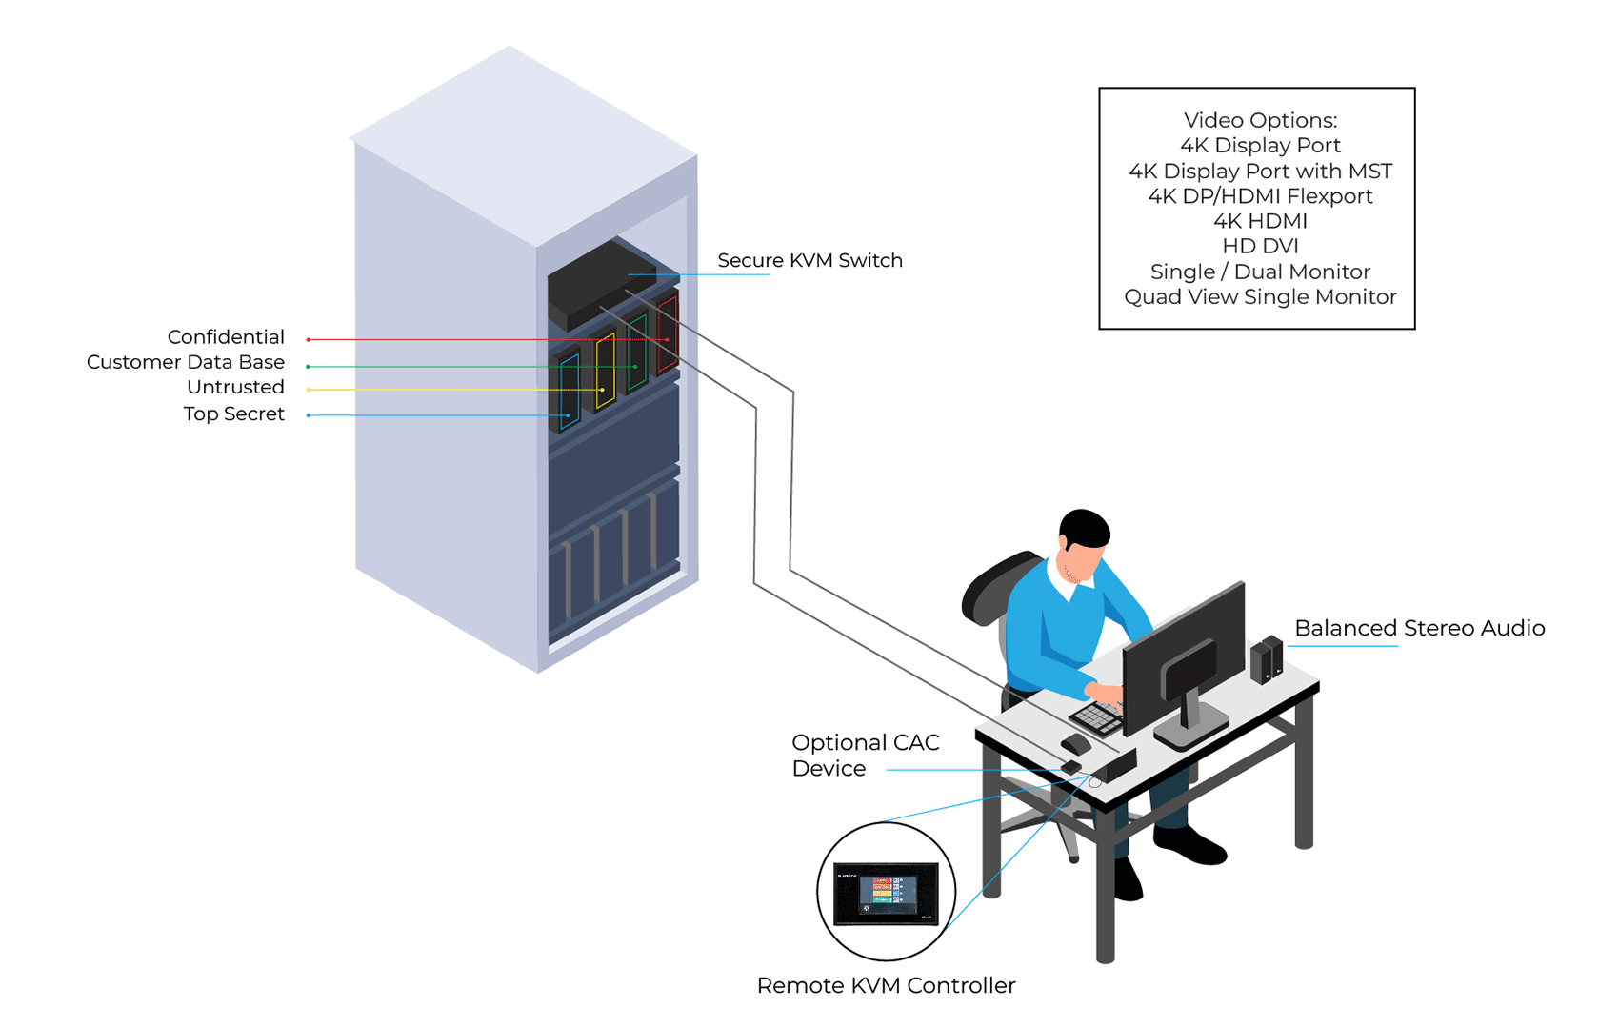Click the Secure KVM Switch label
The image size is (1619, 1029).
pos(809,260)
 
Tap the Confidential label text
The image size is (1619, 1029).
pos(226,336)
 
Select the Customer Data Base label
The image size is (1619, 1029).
pos(186,362)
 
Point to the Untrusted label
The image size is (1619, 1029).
pos(235,387)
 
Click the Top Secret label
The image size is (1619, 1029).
pos(233,414)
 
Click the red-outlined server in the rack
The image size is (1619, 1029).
pos(668,333)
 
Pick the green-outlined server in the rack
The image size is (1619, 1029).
pos(637,352)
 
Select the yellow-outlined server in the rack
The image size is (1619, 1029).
pos(605,372)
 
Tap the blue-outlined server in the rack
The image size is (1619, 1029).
pos(570,392)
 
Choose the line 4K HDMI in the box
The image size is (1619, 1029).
pos(1259,221)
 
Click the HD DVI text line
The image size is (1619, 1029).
pos(1259,246)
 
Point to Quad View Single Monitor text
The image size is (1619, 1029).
pos(1259,296)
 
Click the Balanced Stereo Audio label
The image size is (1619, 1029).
pos(1419,628)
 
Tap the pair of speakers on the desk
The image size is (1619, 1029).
pos(1267,658)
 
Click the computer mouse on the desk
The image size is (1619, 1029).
pos(1076,743)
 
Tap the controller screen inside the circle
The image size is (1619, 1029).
pos(887,894)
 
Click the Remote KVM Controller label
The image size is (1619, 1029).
pos(886,985)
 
